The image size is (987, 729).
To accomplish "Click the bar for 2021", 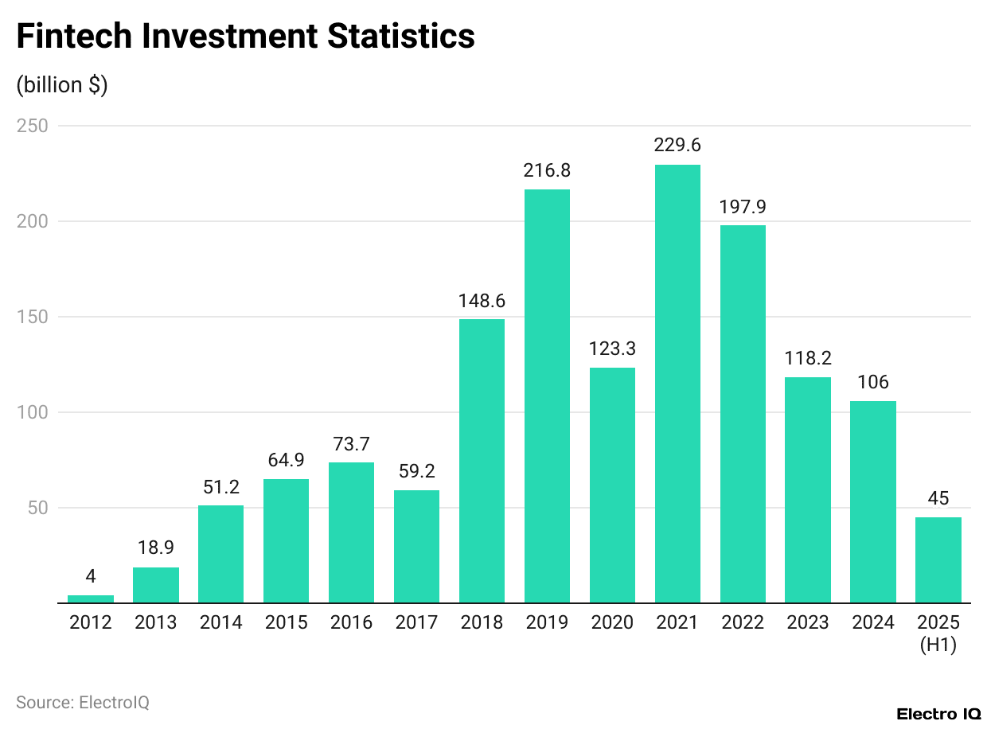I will coord(677,384).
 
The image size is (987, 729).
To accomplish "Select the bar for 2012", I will coord(91,598).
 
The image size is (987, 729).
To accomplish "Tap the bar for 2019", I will coord(547,396).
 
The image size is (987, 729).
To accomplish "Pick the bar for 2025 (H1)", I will coord(938,559).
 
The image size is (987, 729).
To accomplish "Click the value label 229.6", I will coord(677,146).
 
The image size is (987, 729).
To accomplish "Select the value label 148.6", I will coord(482,301).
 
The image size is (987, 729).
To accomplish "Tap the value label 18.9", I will coord(156,548).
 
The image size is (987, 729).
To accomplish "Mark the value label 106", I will coord(872,382).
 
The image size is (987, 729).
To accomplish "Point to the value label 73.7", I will coord(351,444).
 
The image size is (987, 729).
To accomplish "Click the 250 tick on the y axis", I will coord(33,126).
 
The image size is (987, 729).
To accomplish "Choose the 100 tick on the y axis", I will coord(33,412).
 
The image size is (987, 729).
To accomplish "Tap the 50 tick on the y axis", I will coord(37,508).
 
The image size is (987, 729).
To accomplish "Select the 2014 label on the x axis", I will coord(220,622).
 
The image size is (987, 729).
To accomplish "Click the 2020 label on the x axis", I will coord(612,622).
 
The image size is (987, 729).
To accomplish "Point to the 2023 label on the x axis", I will coord(808,622).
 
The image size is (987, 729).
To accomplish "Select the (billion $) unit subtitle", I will coord(62,84).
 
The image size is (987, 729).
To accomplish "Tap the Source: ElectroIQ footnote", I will coord(83,702).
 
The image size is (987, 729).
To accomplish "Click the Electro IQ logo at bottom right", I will coord(938,714).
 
